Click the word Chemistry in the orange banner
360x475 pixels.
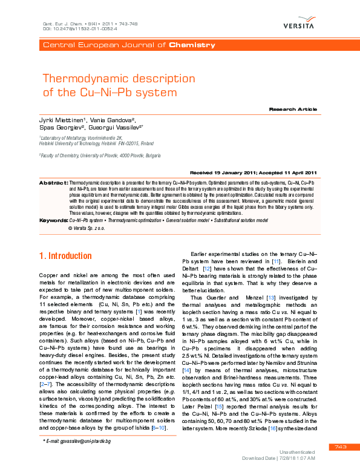(192, 45)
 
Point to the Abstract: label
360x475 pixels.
(53, 182)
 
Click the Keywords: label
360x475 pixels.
(53, 220)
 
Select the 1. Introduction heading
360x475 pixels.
(65, 256)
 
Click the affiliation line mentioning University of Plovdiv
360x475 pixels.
(100, 156)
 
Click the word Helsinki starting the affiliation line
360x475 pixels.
(48, 143)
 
